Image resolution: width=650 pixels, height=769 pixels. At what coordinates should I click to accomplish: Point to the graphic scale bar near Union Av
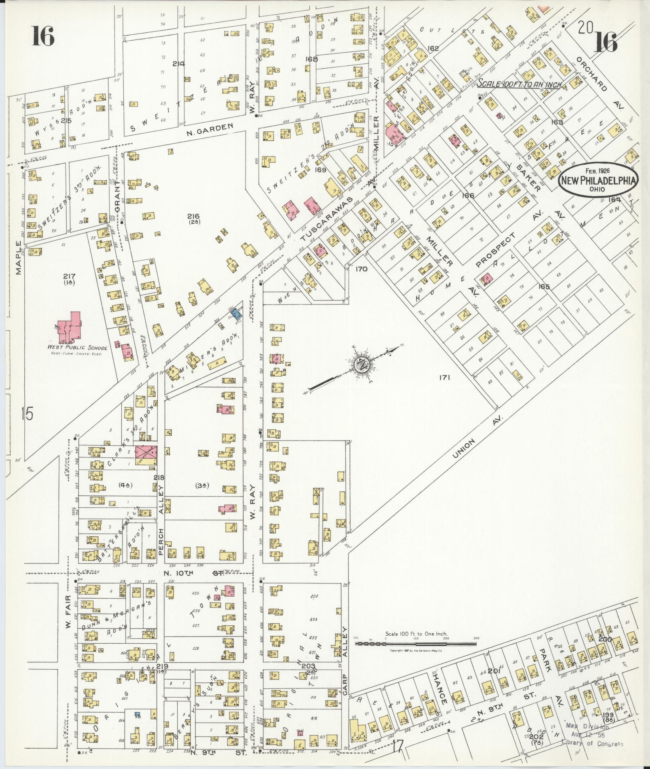tap(415, 643)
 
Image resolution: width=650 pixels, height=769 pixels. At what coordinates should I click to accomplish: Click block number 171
tap(444, 377)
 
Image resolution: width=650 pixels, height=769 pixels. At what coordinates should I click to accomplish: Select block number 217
tap(69, 276)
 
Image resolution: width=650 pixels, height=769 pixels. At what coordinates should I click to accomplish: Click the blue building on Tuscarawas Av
tap(236, 312)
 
